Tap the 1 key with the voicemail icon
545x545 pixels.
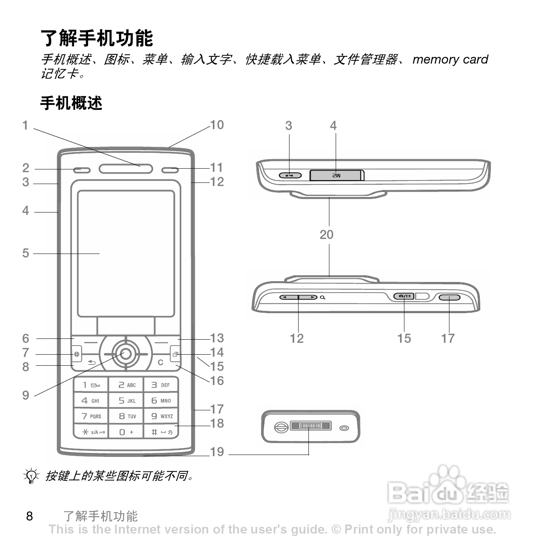[91, 385]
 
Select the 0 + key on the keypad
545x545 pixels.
[126, 432]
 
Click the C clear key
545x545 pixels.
[160, 363]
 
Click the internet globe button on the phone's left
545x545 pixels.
[77, 354]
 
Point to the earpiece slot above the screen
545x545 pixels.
[126, 169]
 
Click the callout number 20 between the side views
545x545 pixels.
[327, 235]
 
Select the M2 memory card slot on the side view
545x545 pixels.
[336, 175]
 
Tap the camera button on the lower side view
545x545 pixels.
[404, 296]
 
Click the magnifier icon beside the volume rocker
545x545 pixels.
[323, 297]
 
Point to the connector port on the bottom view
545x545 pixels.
[310, 426]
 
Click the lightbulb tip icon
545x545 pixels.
[31, 476]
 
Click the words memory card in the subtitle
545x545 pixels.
[450, 59]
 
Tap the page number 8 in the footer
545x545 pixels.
[30, 516]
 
